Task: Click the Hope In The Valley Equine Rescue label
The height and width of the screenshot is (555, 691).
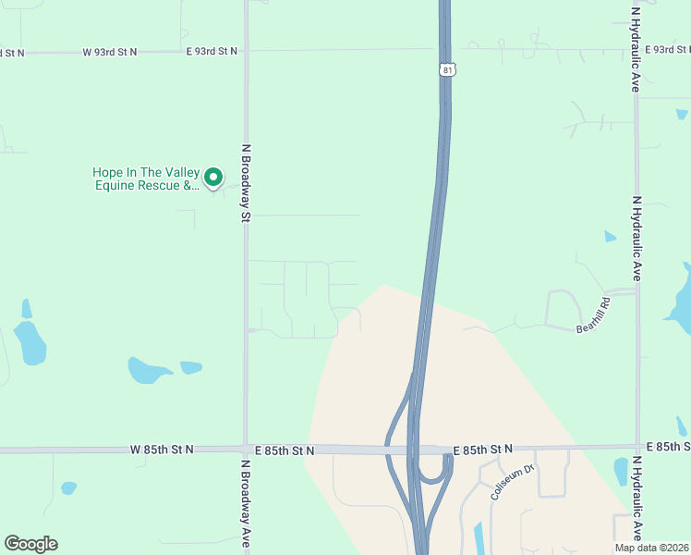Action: pyautogui.click(x=145, y=179)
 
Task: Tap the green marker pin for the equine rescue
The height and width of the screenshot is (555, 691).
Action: pyautogui.click(x=213, y=177)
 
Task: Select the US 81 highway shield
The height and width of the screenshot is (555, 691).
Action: pyautogui.click(x=447, y=70)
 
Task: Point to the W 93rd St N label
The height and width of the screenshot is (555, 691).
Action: pyautogui.click(x=109, y=52)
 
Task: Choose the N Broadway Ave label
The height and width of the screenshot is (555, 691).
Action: pyautogui.click(x=247, y=504)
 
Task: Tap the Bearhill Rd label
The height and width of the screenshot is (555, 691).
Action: pyautogui.click(x=594, y=315)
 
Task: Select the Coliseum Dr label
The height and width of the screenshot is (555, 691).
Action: pyautogui.click(x=513, y=483)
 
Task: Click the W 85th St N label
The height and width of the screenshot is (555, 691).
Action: pyautogui.click(x=163, y=450)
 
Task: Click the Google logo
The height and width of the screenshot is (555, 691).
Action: pyautogui.click(x=30, y=544)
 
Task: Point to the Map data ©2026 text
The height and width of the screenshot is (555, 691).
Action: pyautogui.click(x=651, y=548)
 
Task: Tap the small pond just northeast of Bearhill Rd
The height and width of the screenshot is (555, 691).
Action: pyautogui.click(x=610, y=237)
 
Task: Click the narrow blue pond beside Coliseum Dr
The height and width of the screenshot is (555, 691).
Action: pyautogui.click(x=478, y=537)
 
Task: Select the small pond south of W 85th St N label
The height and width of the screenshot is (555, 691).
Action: pyautogui.click(x=68, y=487)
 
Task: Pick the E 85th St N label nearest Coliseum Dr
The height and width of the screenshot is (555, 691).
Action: pyautogui.click(x=482, y=450)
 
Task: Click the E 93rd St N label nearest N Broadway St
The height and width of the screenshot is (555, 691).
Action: pyautogui.click(x=212, y=51)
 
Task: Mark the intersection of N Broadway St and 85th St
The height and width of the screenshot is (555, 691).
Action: pyautogui.click(x=246, y=450)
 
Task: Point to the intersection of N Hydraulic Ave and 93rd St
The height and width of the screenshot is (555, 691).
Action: pyautogui.click(x=636, y=49)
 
